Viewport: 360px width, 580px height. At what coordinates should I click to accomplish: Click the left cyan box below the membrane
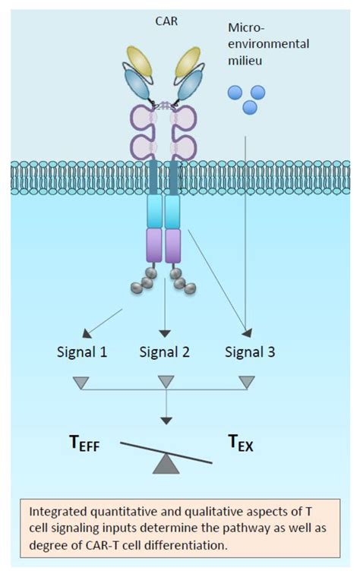(x=156, y=210)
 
